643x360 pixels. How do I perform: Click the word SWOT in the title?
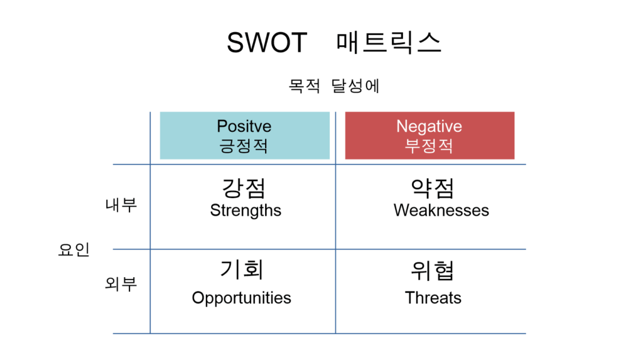tap(266, 43)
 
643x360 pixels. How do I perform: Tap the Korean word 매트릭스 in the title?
tap(388, 43)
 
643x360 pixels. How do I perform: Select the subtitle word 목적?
tap(304, 86)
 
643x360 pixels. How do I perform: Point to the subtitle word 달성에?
tap(355, 86)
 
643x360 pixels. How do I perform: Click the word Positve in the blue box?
tap(244, 126)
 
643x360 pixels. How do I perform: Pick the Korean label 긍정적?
tap(244, 146)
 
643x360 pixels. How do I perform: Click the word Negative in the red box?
tap(429, 126)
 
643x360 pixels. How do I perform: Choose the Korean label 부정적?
tap(429, 146)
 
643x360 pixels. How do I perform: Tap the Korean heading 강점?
tap(244, 188)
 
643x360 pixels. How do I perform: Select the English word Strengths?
tap(246, 210)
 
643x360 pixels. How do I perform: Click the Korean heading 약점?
tap(433, 188)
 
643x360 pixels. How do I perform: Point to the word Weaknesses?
tap(441, 210)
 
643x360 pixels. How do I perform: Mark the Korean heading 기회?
tap(242, 270)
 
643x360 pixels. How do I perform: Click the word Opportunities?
tap(242, 298)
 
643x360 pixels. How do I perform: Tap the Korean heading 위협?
tap(432, 271)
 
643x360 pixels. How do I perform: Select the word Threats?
tap(433, 298)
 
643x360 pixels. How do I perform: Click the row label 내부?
tap(121, 204)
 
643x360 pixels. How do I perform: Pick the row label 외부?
tap(121, 283)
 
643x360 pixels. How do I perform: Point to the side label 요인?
tap(74, 249)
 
